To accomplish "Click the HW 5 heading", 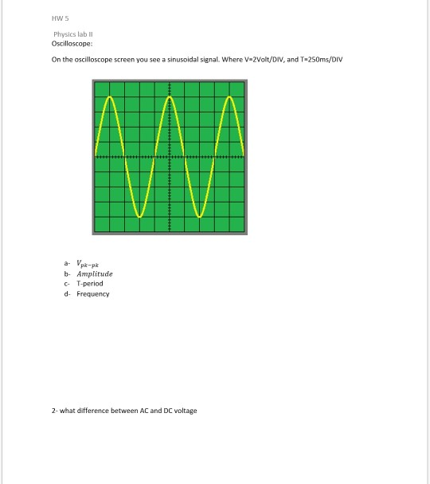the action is coord(59,19).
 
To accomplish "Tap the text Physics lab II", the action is coord(74,35).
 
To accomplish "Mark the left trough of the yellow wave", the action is coord(139,215).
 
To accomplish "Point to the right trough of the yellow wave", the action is coord(200,215).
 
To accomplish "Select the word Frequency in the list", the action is coord(93,294).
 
